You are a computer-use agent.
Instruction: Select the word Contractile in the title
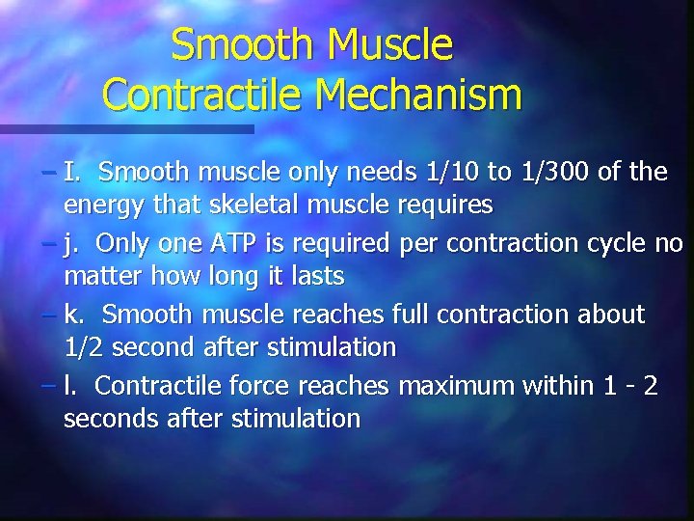pos(202,94)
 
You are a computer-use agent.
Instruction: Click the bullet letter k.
pos(72,315)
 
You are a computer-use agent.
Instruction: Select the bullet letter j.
pos(70,243)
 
